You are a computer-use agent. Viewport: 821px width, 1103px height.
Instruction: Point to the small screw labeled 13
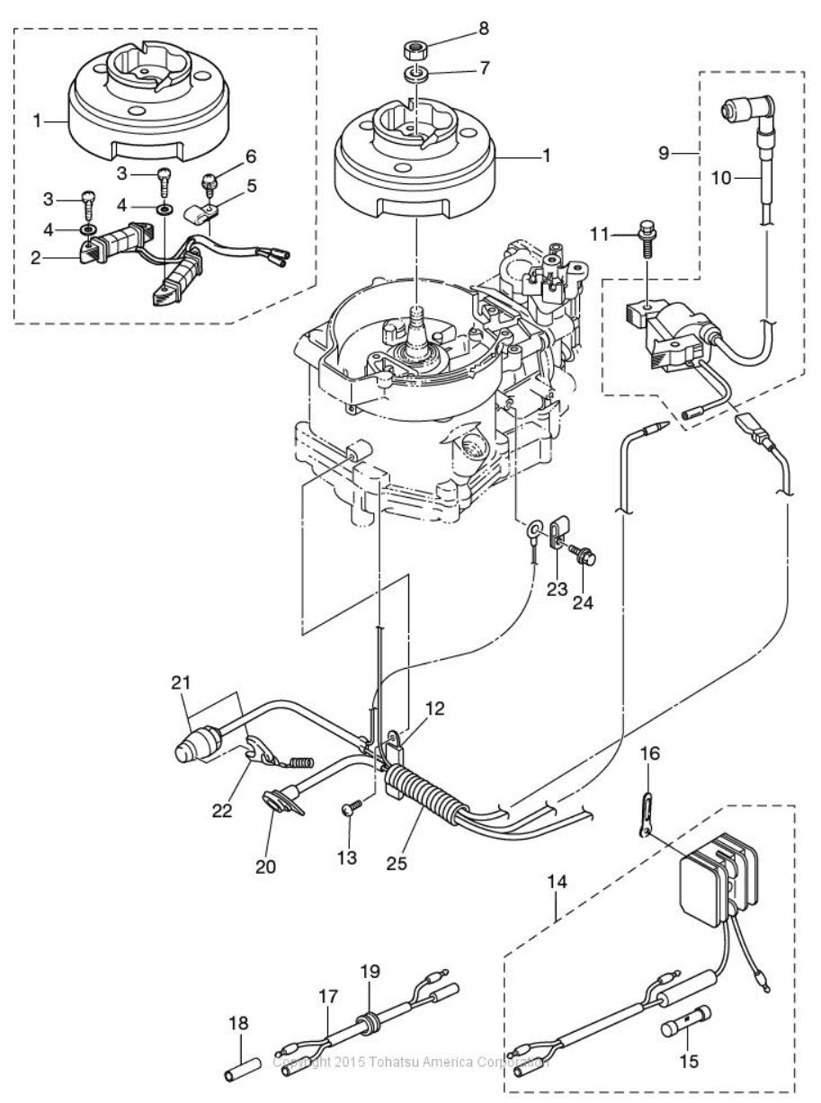(x=352, y=809)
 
